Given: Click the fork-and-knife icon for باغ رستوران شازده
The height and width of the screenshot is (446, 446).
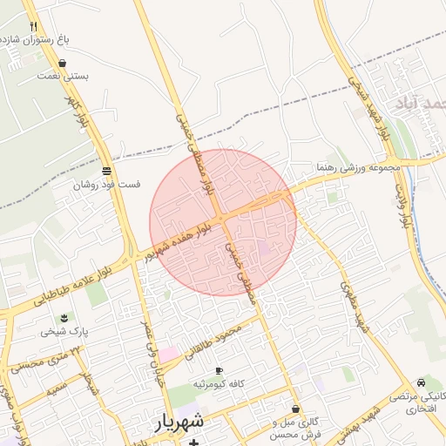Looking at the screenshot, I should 33,27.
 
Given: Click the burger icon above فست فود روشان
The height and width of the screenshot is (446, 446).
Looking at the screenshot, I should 105,172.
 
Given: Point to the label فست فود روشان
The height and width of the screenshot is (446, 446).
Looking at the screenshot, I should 106,185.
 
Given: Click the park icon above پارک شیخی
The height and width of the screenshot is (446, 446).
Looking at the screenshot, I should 62,318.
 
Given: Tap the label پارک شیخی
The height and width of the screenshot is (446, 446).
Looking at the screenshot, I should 62,331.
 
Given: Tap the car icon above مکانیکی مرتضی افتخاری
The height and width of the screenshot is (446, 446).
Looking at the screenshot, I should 422,382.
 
